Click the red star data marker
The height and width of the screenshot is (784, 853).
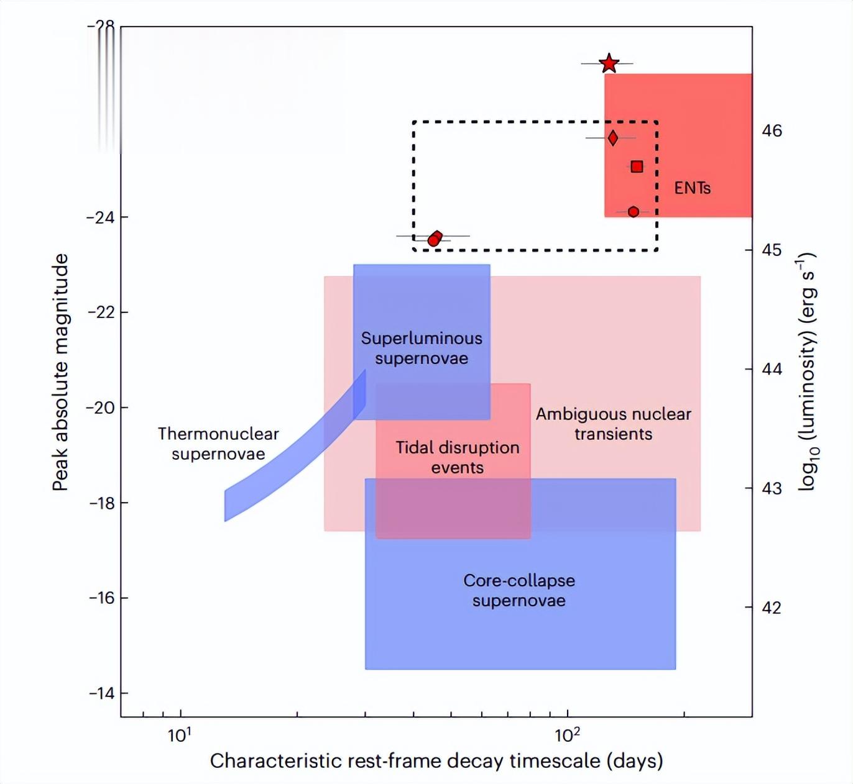(609, 63)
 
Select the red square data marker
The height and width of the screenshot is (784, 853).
(637, 166)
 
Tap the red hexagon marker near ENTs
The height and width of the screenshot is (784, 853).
(633, 212)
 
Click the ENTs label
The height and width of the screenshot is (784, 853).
(692, 188)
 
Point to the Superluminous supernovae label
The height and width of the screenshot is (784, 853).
(422, 348)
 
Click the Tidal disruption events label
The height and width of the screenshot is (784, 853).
(458, 457)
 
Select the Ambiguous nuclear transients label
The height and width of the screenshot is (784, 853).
(613, 424)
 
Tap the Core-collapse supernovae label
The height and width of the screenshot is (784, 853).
(519, 590)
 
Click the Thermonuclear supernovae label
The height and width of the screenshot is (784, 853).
(218, 444)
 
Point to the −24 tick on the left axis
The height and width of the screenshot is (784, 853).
(100, 217)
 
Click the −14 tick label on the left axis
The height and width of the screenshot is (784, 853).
(102, 693)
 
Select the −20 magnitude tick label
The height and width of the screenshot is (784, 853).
(100, 408)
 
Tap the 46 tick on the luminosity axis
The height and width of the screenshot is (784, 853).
(772, 130)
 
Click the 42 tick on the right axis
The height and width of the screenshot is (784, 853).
(772, 608)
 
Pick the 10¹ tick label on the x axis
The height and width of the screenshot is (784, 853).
(180, 736)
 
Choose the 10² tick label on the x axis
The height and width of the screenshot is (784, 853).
(567, 736)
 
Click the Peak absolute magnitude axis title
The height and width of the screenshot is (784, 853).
(60, 372)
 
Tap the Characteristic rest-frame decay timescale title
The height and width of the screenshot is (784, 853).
(436, 761)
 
